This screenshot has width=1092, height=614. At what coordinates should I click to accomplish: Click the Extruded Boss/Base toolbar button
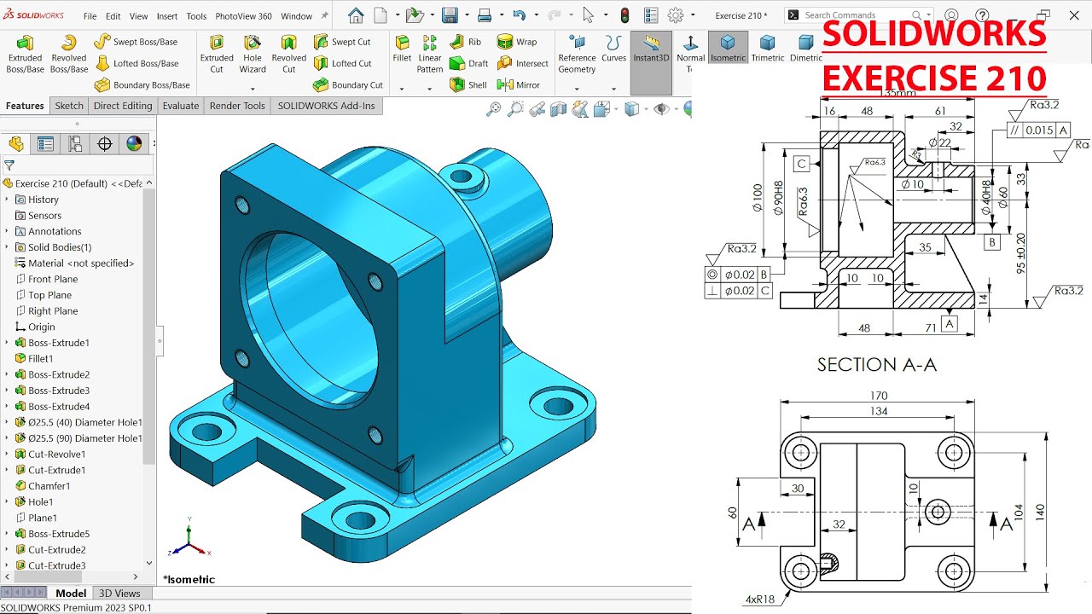(x=25, y=53)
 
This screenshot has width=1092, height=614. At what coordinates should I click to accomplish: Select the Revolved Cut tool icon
(x=288, y=53)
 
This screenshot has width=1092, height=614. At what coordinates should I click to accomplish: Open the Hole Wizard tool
(x=253, y=53)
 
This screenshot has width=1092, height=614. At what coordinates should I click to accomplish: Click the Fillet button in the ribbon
(x=402, y=49)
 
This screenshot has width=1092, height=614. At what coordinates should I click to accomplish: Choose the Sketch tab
(x=69, y=106)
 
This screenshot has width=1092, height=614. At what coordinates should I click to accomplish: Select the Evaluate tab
(x=181, y=106)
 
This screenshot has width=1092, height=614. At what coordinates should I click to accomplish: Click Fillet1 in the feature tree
(x=40, y=359)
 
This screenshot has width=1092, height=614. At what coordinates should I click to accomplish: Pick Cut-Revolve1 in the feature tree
(x=56, y=455)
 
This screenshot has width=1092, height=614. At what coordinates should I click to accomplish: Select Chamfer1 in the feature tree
(x=49, y=486)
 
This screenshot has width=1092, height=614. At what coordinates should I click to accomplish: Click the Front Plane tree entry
(x=52, y=279)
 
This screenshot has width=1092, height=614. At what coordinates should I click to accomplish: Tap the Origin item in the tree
(x=41, y=327)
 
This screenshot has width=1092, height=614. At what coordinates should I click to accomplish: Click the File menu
(x=90, y=16)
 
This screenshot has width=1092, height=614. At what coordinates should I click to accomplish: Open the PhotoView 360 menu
(x=243, y=16)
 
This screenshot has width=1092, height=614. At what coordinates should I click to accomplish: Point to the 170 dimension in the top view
(x=879, y=396)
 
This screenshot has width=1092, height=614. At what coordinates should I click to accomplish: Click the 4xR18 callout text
(x=761, y=600)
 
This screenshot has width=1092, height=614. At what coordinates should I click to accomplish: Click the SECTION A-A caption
(x=876, y=365)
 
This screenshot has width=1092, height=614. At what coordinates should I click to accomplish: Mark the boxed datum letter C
(x=801, y=164)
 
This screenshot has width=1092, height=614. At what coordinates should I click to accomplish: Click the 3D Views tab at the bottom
(x=119, y=594)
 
